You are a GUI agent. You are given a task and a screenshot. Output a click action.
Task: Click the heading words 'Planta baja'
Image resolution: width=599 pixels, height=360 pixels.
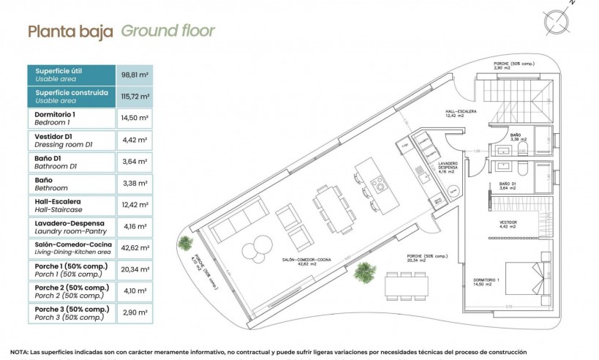[70, 31]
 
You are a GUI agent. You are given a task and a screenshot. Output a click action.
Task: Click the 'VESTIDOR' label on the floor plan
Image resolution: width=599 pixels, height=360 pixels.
[508, 221]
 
